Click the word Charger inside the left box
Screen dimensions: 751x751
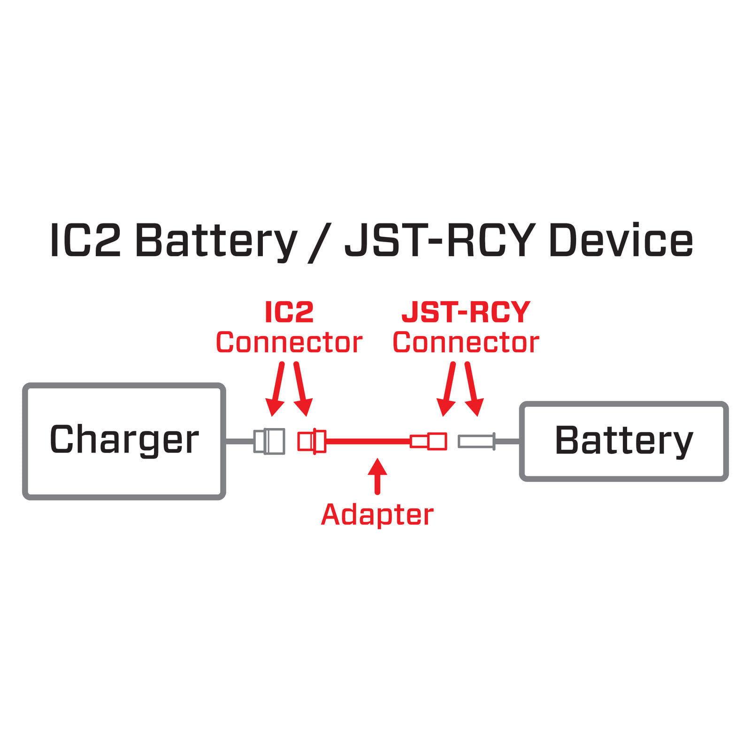click(124, 440)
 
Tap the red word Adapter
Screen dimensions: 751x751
click(377, 515)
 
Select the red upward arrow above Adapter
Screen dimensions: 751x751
click(377, 476)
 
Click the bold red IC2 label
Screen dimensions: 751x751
click(289, 312)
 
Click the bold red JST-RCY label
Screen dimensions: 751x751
click(466, 312)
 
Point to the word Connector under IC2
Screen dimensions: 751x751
click(289, 343)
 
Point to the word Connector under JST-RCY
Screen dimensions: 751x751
click(466, 343)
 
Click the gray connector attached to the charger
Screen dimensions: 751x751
click(269, 441)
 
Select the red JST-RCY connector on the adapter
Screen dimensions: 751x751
click(429, 441)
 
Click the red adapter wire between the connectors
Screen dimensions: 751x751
click(368, 441)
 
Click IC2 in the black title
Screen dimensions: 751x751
click(85, 241)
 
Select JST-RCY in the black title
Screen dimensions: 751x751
click(440, 241)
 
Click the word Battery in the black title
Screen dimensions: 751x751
click(216, 241)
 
